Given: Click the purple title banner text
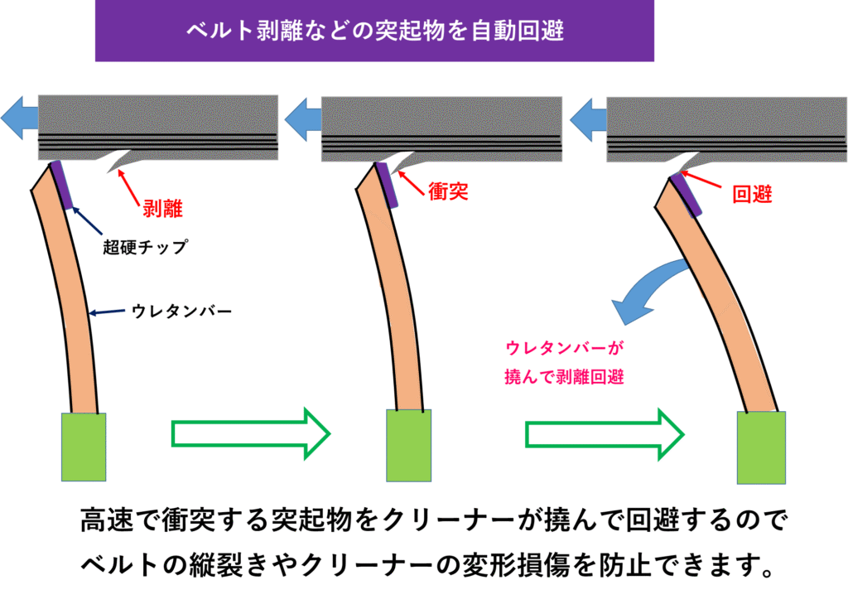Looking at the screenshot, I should point(374,31).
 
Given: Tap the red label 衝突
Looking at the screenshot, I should point(448,193).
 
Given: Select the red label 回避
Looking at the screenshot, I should point(752,196).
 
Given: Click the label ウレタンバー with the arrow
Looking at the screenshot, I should point(181,312).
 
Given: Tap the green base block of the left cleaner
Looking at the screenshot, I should point(84,447).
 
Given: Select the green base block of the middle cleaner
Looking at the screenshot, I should point(409,445).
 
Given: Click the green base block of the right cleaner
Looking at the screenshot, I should point(761,447).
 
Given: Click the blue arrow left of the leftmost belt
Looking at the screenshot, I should point(18,118).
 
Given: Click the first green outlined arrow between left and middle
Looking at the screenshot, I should point(249,433).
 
